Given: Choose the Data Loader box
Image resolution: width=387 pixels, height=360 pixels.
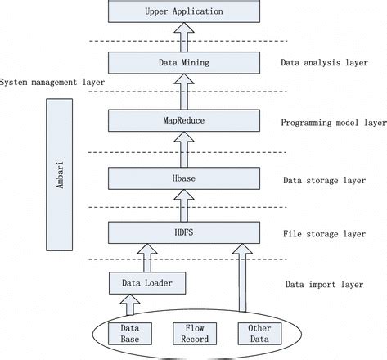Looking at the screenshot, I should click(146, 283).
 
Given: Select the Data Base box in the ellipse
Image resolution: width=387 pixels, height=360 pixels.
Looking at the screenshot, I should click(130, 335).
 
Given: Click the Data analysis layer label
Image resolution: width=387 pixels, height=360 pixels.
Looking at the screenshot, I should click(324, 61).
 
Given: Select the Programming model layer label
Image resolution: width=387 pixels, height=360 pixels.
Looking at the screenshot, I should click(332, 123).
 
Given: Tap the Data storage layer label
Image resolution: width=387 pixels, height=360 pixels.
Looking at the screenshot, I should click(324, 181).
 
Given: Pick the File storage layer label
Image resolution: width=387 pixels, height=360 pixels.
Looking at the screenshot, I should click(324, 234).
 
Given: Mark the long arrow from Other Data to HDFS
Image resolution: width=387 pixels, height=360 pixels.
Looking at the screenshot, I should click(243, 278).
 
